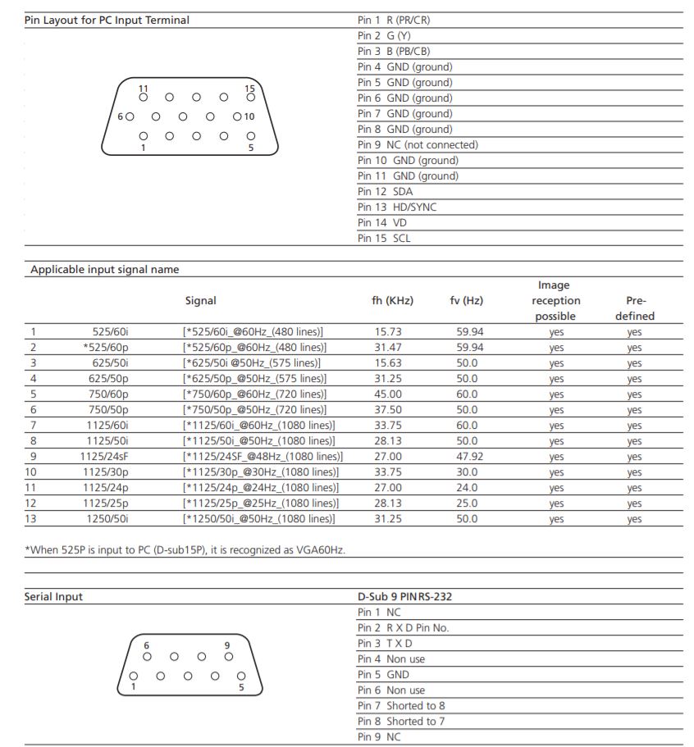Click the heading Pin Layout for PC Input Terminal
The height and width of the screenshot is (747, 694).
click(x=107, y=20)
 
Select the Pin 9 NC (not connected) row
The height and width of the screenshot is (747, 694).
click(x=418, y=145)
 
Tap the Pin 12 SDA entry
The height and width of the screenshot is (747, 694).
click(x=385, y=192)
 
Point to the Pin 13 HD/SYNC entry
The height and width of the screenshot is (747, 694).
click(x=397, y=207)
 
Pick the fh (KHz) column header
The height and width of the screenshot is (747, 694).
click(x=392, y=301)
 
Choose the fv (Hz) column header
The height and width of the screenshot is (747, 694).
click(x=466, y=301)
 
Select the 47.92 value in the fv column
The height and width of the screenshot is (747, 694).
click(x=467, y=457)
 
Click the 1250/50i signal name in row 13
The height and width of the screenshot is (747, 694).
click(x=110, y=519)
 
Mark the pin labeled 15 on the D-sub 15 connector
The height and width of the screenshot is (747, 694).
click(x=250, y=97)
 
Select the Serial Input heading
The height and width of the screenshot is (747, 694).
click(x=53, y=597)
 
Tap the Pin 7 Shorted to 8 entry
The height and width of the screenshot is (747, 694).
click(x=401, y=706)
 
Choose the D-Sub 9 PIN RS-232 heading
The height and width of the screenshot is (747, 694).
click(x=404, y=597)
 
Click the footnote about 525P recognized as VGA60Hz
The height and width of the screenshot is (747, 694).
click(x=185, y=550)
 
